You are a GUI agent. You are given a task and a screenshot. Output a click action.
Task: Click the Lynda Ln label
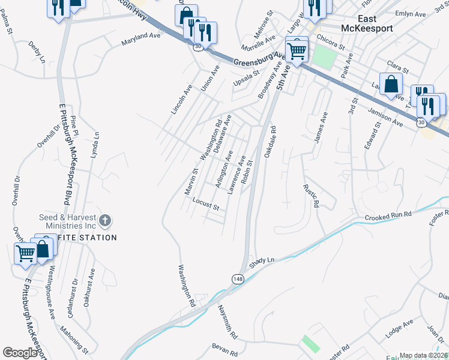93,145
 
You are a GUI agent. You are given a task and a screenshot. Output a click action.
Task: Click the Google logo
20,353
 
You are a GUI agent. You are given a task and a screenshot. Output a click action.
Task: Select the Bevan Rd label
225,347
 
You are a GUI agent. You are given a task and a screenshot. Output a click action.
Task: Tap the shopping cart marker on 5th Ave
297,50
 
